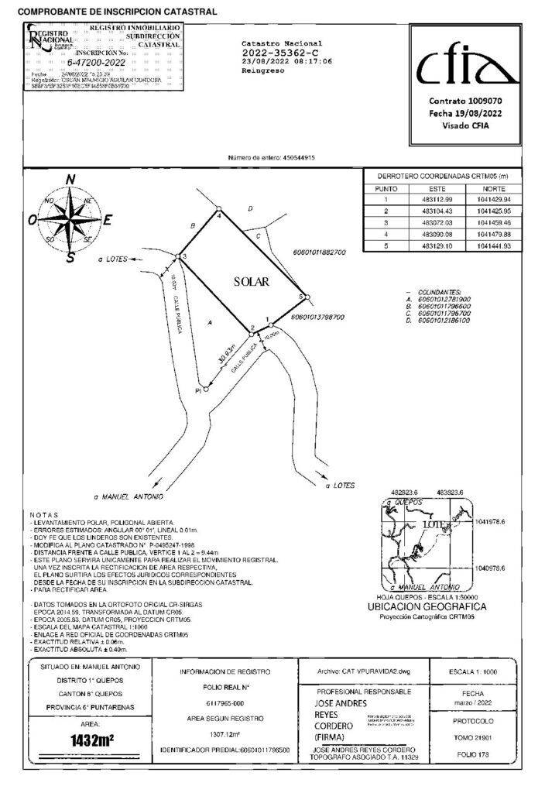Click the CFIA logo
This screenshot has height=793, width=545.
[466, 69]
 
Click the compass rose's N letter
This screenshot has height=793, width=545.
[70, 180]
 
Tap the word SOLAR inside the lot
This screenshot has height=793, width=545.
[252, 283]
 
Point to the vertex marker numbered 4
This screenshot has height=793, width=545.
[219, 209]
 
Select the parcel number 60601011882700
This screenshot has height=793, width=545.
[320, 252]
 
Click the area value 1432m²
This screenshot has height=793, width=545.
[92, 740]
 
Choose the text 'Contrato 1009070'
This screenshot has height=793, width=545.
[466, 101]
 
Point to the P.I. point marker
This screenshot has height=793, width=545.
[205, 389]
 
